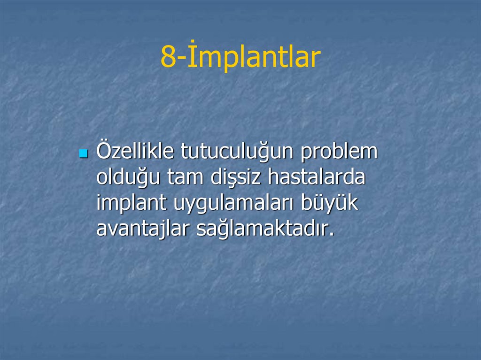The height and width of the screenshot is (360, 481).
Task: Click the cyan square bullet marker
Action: [84, 153]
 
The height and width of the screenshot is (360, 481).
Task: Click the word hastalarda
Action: [317, 178]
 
